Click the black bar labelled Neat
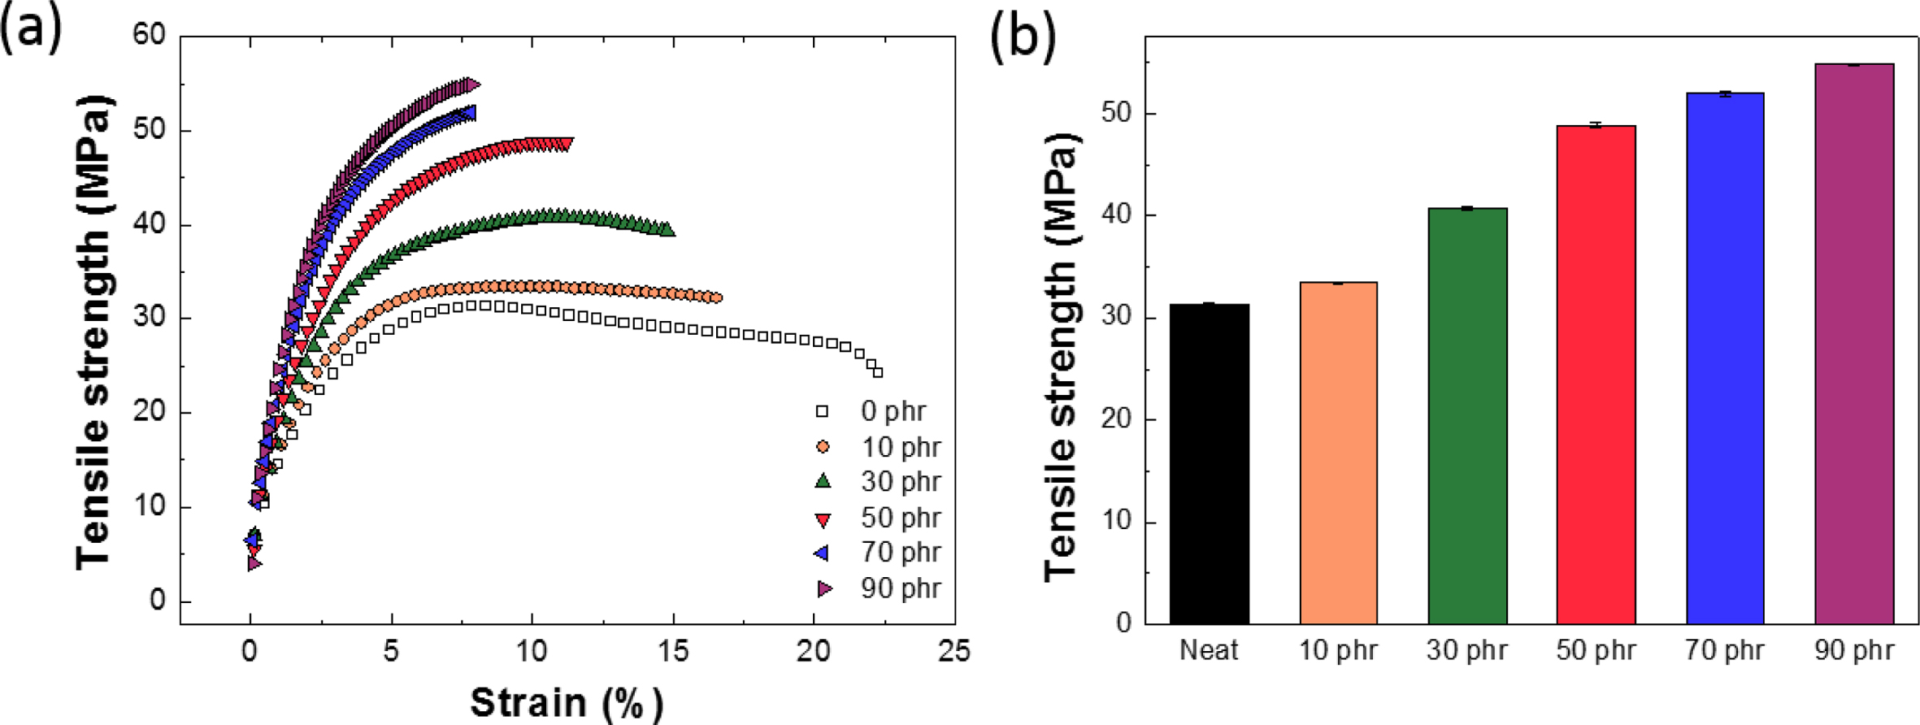pyautogui.click(x=1209, y=464)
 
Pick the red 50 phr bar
pyautogui.click(x=1596, y=375)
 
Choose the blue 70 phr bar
pyautogui.click(x=1725, y=358)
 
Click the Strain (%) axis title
pyautogui.click(x=566, y=701)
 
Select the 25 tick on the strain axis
pyautogui.click(x=953, y=652)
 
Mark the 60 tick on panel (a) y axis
pyautogui.click(x=150, y=35)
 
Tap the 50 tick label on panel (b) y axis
pyautogui.click(x=1116, y=113)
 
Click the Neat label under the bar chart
pyautogui.click(x=1209, y=650)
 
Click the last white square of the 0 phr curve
pyautogui.click(x=877, y=372)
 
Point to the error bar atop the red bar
pyautogui.click(x=1596, y=125)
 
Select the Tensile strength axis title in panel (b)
pyautogui.click(x=1060, y=358)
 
